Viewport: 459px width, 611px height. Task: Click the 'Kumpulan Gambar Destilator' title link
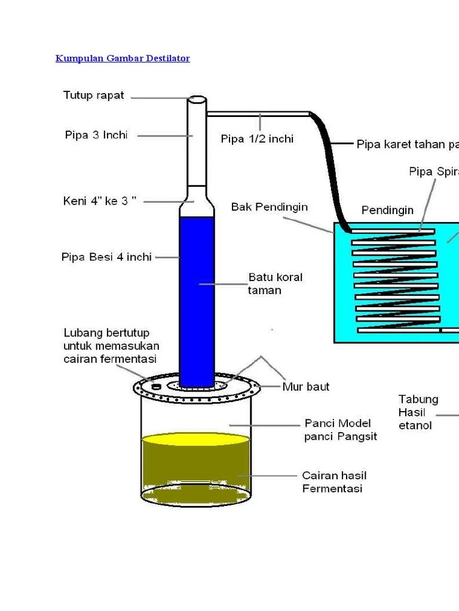click(x=123, y=58)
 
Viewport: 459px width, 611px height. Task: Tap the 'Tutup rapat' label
click(x=94, y=95)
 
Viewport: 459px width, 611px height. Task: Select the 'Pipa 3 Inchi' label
click(x=96, y=135)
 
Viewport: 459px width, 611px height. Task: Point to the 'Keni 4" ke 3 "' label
click(x=100, y=201)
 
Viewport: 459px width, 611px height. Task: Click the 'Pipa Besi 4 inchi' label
click(x=106, y=257)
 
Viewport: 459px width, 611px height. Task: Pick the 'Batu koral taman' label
click(x=275, y=283)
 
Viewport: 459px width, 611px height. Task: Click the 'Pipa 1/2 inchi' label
click(x=257, y=138)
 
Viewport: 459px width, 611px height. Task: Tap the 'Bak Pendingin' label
click(x=270, y=207)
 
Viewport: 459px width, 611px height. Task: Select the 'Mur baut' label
click(x=305, y=387)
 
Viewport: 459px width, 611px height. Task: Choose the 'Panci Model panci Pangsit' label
click(x=341, y=430)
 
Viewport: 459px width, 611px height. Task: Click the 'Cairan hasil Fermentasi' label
click(x=334, y=482)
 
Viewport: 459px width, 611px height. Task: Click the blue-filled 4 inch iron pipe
click(x=197, y=298)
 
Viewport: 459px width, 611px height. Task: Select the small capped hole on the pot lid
click(x=157, y=387)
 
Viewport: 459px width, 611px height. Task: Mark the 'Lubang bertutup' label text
click(x=106, y=332)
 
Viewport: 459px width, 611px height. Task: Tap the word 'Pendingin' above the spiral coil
click(x=387, y=210)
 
